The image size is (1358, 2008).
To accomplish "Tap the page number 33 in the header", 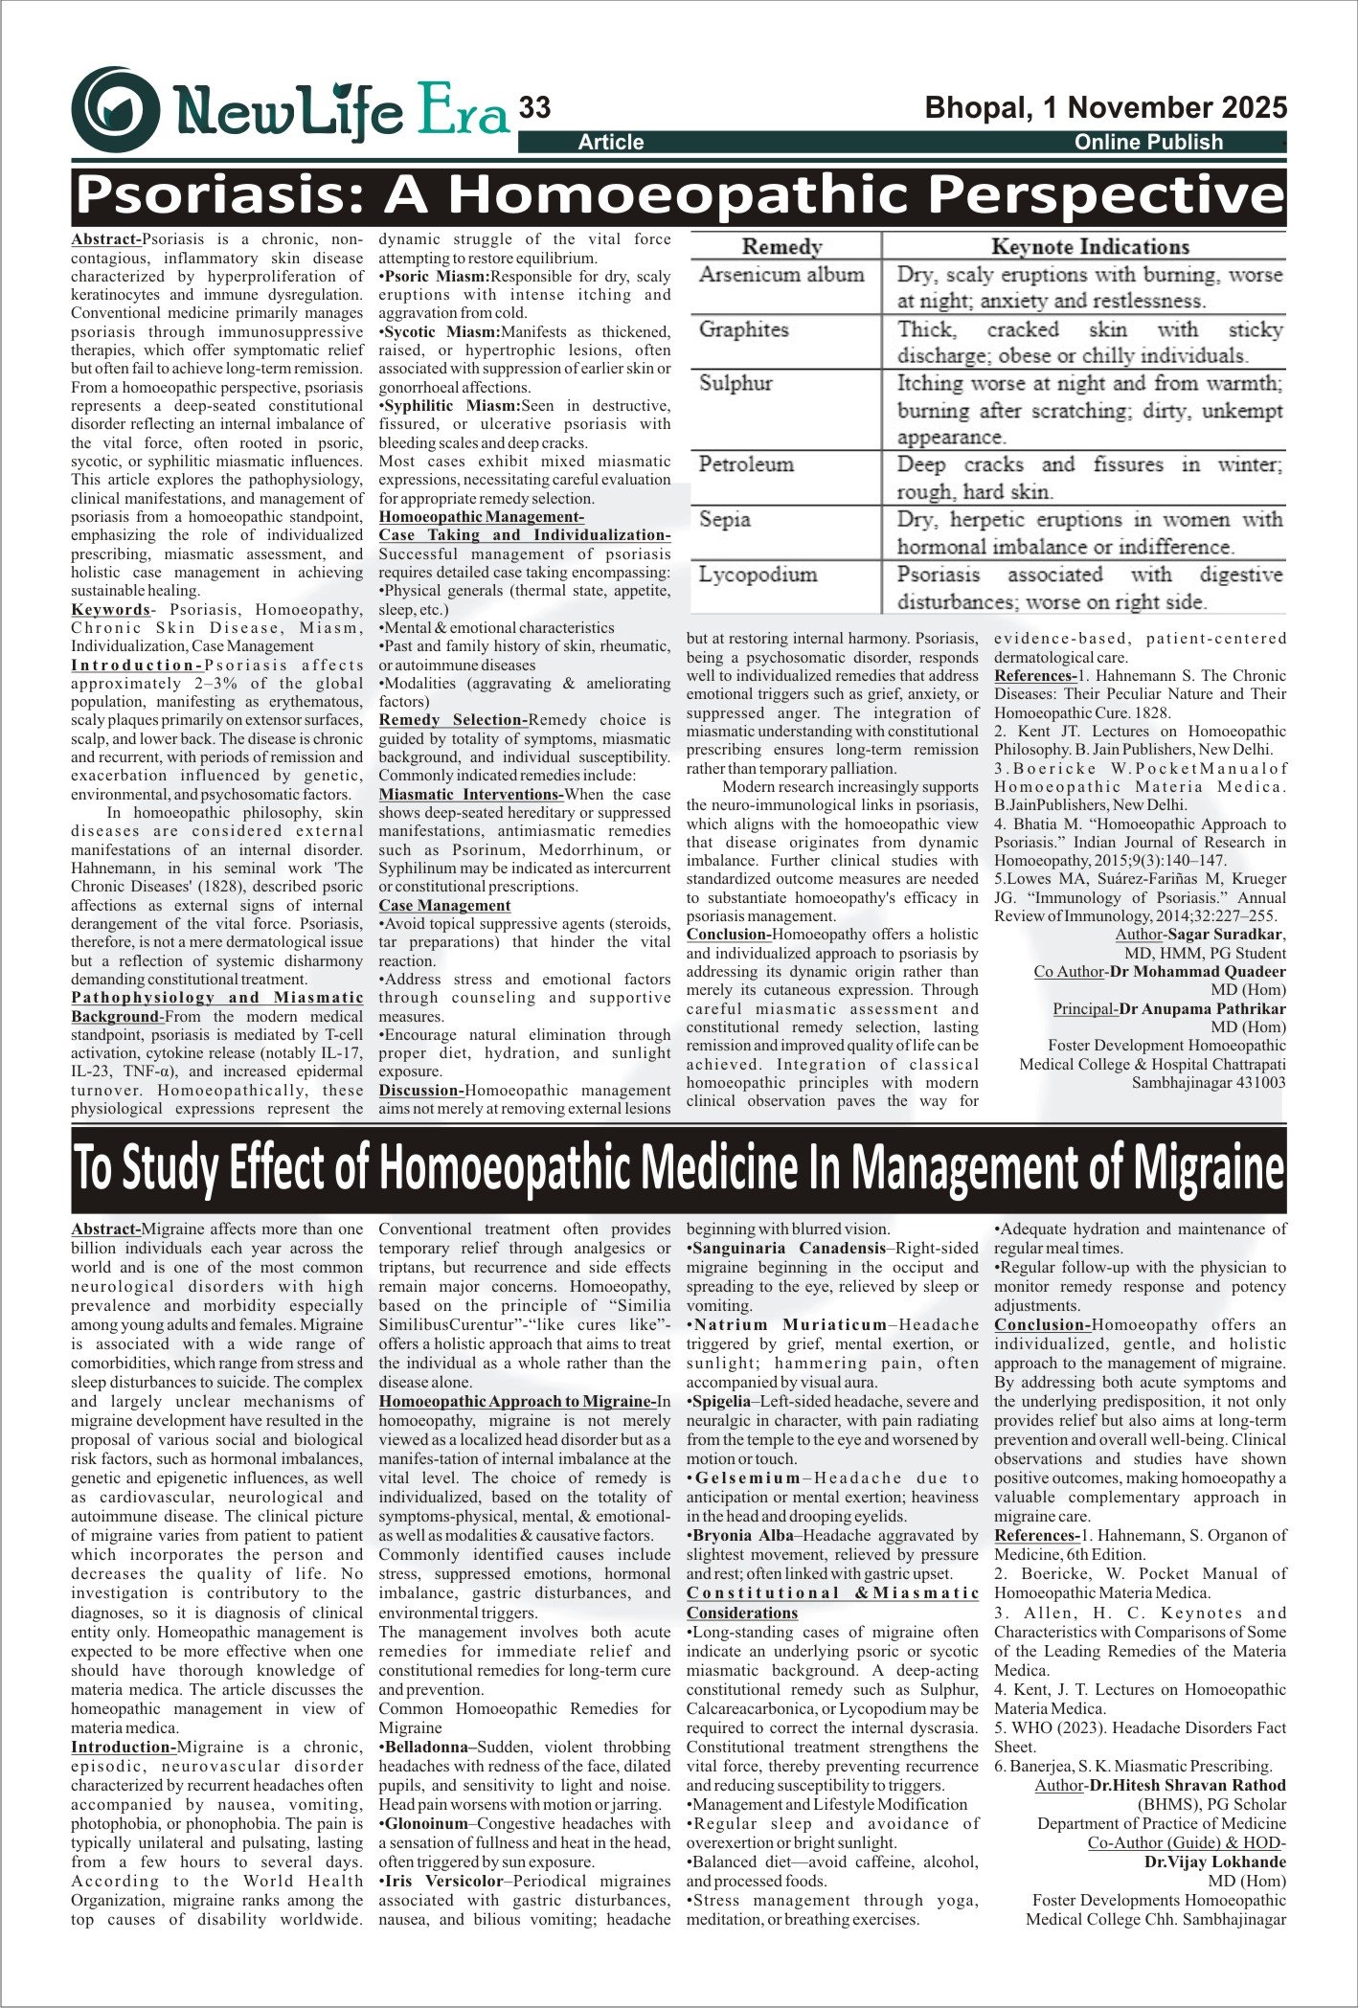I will [534, 108].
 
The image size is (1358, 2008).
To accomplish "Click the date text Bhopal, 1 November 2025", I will [1105, 107].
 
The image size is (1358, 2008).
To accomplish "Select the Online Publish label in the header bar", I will [1148, 143].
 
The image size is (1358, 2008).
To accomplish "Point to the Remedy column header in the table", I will [781, 247].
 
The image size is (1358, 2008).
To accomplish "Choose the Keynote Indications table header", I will [1090, 247].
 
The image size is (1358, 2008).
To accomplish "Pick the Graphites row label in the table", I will [743, 329].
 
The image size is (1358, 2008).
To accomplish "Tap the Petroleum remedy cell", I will [746, 464].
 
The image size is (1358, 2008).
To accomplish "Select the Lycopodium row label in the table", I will [758, 575].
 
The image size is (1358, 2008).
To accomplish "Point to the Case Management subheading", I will [444, 906].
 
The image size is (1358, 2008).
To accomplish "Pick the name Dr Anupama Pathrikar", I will [1202, 1008].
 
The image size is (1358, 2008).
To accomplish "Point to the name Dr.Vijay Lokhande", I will [1214, 1861].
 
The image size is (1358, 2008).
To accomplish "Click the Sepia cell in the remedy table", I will [724, 520].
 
